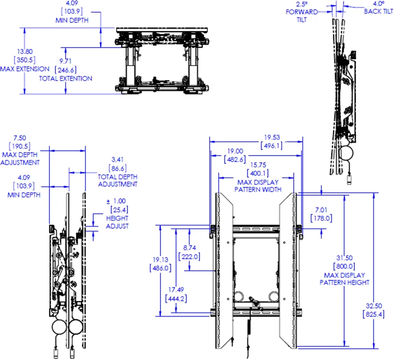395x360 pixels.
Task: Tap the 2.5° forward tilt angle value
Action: click(301, 4)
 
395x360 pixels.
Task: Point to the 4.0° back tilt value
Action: click(378, 4)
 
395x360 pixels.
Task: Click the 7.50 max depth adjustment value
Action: click(19, 138)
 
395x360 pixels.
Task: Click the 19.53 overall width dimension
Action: click(272, 137)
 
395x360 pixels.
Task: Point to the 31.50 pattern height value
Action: click(344, 258)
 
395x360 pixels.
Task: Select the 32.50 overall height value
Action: click(373, 306)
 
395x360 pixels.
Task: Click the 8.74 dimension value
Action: click(189, 248)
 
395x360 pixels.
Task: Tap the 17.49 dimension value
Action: click(176, 289)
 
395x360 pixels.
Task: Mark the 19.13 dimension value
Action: click(160, 260)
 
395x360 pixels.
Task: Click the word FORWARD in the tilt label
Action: click(302, 12)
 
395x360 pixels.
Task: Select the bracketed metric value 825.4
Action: click(373, 314)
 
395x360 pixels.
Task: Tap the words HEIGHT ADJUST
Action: click(117, 222)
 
